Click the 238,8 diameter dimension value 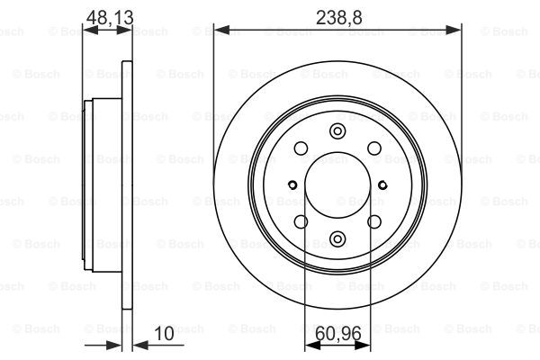click(339, 17)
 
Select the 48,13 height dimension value click(109, 17)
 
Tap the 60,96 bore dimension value click(337, 333)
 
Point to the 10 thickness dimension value click(165, 333)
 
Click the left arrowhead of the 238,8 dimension click(221, 31)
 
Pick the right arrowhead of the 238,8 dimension click(454, 31)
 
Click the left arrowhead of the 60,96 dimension click(312, 346)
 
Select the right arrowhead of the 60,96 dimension click(363, 346)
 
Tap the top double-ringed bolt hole click(337, 131)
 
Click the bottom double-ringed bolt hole click(337, 238)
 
